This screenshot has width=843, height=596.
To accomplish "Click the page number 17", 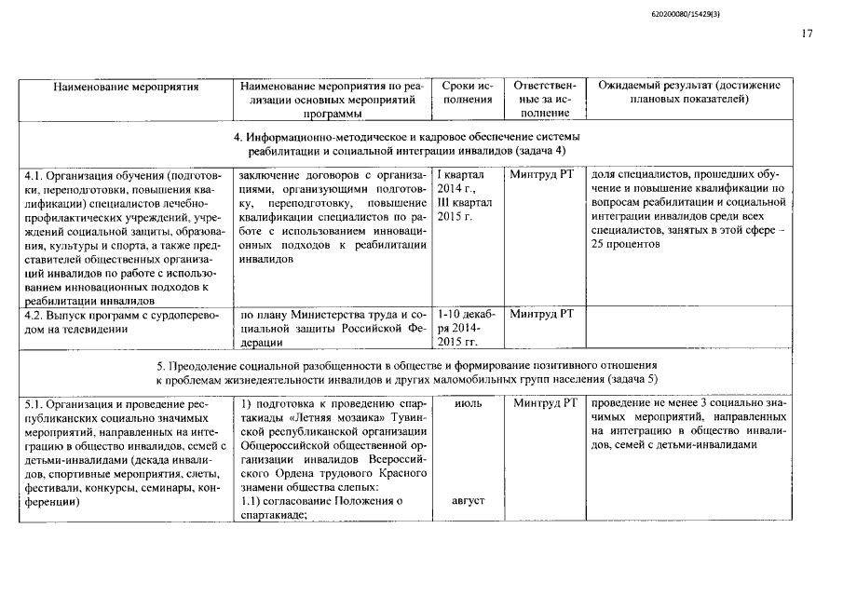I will (x=807, y=34).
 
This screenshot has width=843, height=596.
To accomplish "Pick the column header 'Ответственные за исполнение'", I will (x=545, y=99).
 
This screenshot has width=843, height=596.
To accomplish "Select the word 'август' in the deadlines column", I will (x=469, y=501).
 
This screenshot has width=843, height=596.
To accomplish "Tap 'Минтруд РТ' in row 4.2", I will (x=544, y=314).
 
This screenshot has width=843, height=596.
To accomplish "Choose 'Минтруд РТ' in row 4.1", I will (x=544, y=174).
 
